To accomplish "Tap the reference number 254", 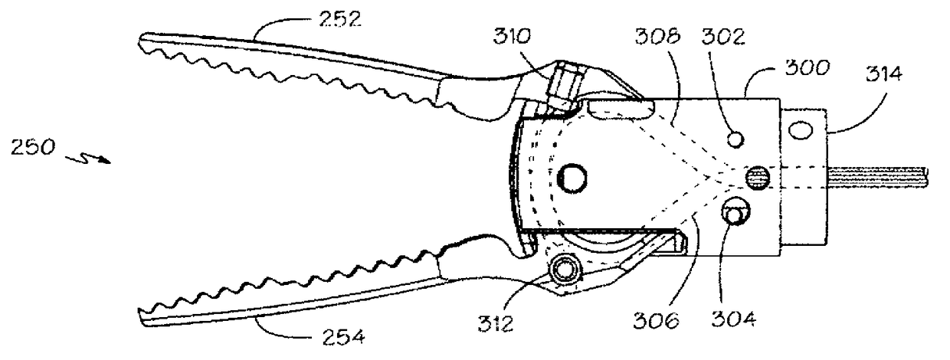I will click(335, 335).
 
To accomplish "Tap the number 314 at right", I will click(884, 74).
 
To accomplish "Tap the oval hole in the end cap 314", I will click(801, 132).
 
